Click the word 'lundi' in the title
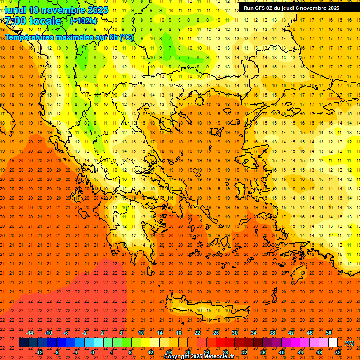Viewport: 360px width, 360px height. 15,10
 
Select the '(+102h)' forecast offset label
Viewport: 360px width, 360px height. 83,21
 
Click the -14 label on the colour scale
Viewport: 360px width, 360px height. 30,333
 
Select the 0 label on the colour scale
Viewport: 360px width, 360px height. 93,352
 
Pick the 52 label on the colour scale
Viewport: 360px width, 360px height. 338,352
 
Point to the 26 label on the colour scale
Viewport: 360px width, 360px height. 216,333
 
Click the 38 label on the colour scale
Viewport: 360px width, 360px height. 272,333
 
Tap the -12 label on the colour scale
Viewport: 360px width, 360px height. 39,352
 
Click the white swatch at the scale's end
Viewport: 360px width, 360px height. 333,343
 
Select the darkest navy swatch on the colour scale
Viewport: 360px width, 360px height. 23,343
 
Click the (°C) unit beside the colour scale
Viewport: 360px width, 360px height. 349,343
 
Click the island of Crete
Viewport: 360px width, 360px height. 206,310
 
